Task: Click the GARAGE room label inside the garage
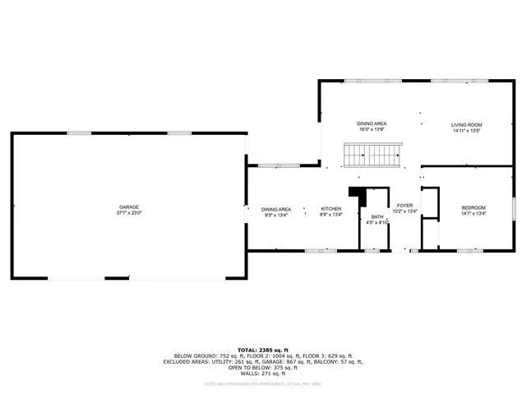129,207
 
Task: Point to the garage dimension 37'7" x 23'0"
129,212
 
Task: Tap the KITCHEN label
331,209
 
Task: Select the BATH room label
377,216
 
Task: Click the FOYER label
404,205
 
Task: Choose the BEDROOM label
473,207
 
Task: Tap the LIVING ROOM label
466,125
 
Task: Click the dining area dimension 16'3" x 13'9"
371,129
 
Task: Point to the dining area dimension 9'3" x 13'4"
276,215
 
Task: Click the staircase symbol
372,154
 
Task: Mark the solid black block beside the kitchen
357,196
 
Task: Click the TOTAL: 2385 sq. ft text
263,350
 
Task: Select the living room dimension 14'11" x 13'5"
466,131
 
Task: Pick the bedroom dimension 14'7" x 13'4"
473,213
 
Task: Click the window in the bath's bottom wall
371,249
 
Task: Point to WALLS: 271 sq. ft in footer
263,373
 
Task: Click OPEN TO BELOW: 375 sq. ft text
263,367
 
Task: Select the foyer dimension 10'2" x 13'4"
405,211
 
